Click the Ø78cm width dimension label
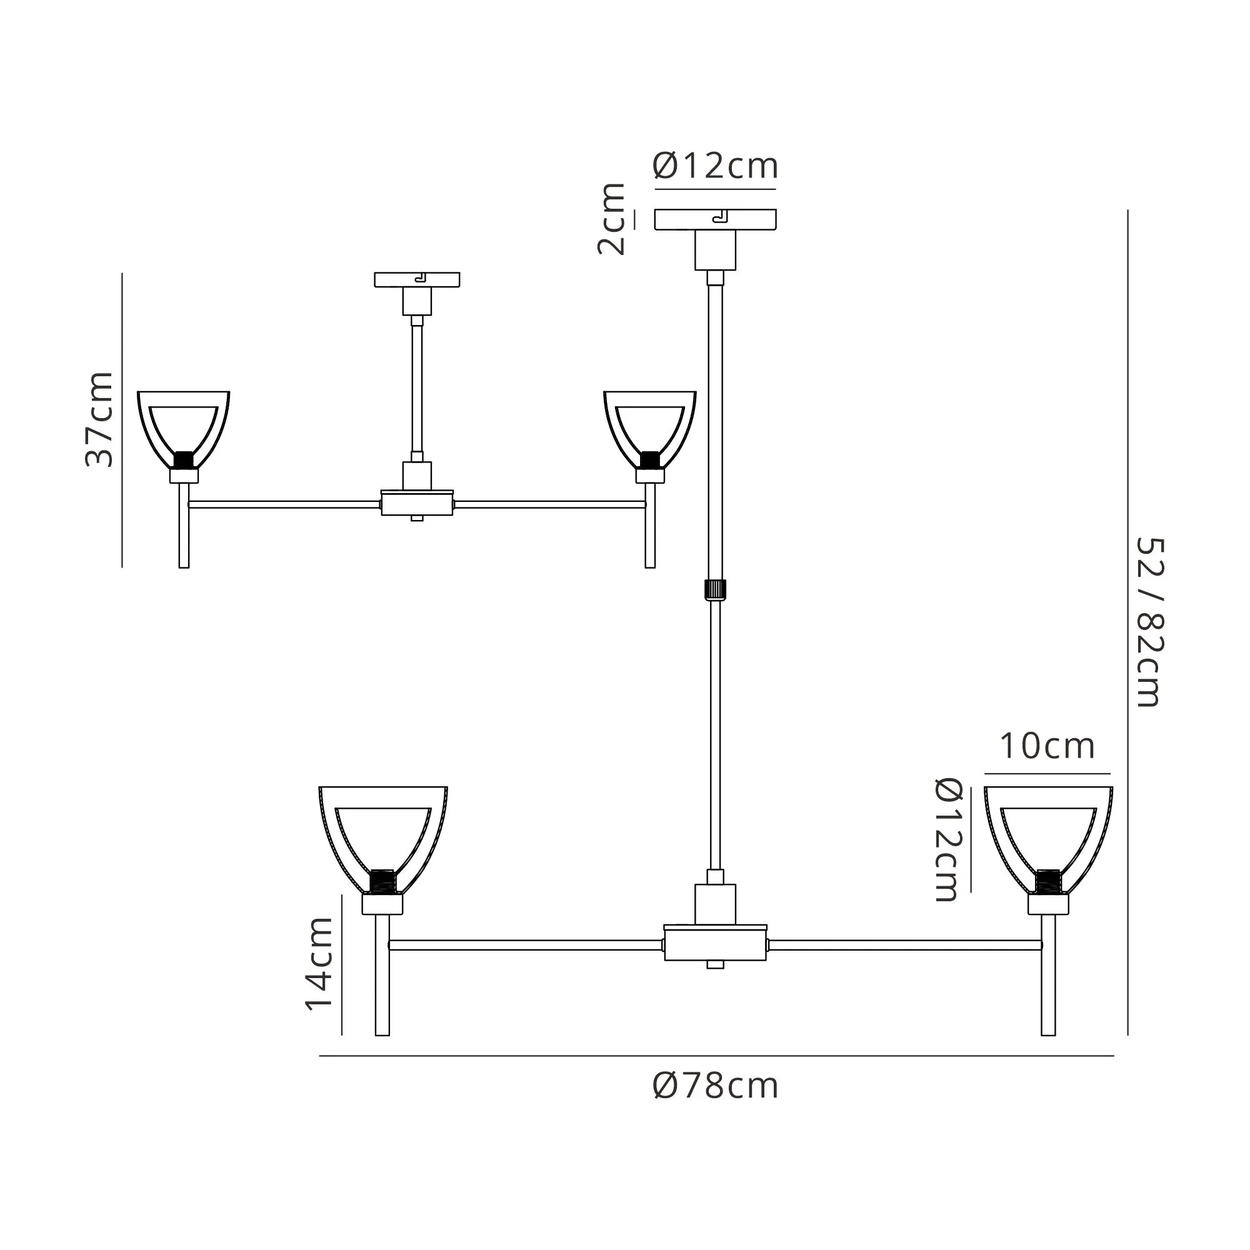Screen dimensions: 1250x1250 [716, 1085]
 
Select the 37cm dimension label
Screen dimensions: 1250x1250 [99, 419]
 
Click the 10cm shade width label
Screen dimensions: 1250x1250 [1047, 746]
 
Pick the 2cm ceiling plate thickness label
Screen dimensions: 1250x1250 [611, 219]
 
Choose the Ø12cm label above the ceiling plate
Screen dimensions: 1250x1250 [716, 166]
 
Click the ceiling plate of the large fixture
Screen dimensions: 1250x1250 [715, 219]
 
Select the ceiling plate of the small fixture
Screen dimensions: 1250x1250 [417, 279]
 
